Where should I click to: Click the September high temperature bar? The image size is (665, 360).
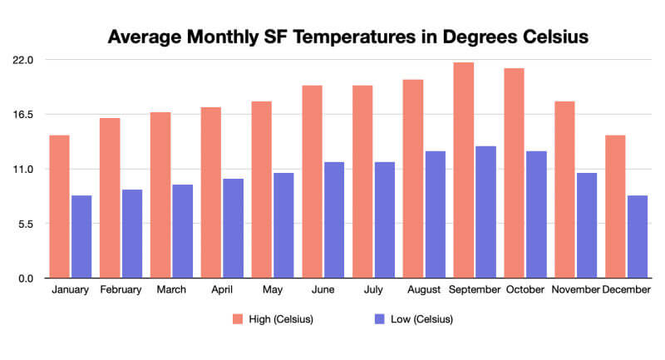[464, 170]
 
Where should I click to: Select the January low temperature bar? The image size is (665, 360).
[81, 236]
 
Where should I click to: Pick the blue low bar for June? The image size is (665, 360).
[334, 219]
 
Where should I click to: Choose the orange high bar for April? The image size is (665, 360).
[210, 192]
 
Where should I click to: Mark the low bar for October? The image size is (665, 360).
[536, 215]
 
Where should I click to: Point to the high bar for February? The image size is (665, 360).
[110, 198]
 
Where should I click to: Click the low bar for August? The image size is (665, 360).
[436, 215]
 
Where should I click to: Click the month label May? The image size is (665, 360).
[273, 290]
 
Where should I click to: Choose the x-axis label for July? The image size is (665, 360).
[374, 290]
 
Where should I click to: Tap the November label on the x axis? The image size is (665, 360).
[575, 290]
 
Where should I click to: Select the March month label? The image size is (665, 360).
[171, 290]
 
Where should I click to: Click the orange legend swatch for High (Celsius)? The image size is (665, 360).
[238, 319]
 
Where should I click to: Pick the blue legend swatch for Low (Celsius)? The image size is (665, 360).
[380, 319]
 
